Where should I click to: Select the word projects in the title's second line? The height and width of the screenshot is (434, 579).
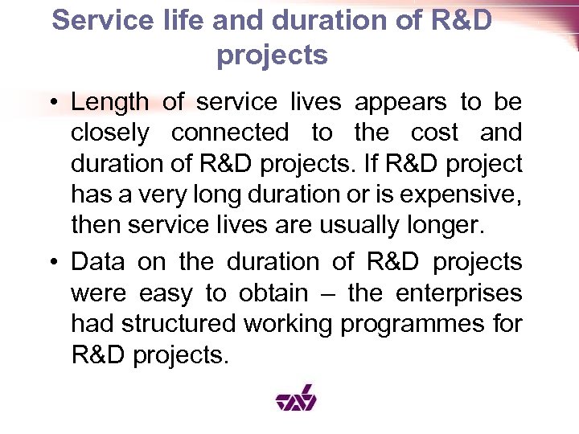pyautogui.click(x=272, y=56)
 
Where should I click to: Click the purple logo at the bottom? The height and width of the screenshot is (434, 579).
pyautogui.click(x=296, y=397)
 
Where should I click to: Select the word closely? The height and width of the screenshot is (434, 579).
pyautogui.click(x=109, y=133)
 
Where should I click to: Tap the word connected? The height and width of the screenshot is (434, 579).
pyautogui.click(x=230, y=133)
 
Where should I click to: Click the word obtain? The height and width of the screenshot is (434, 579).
pyautogui.click(x=272, y=293)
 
